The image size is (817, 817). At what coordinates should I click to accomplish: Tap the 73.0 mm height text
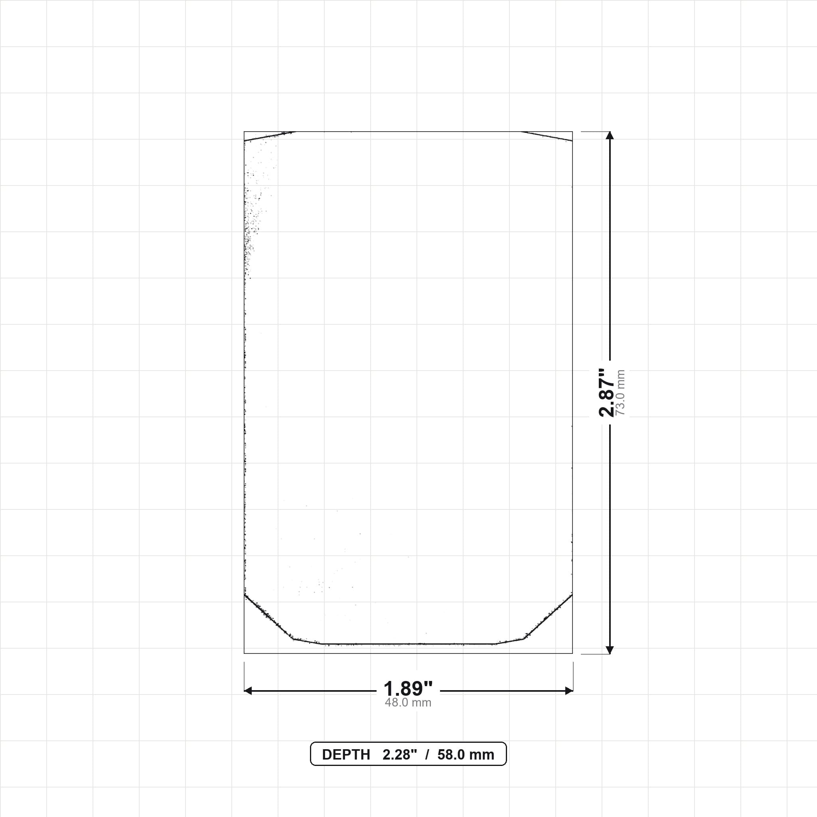coord(620,393)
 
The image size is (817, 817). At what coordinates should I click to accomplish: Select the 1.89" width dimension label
coord(408,689)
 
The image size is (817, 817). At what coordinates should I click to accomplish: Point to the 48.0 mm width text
coord(408,703)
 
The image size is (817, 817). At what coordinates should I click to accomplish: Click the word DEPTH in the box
coord(346,755)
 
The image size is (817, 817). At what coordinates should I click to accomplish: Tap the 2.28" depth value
coord(400,754)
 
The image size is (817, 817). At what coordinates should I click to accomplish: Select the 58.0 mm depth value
coord(466,755)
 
